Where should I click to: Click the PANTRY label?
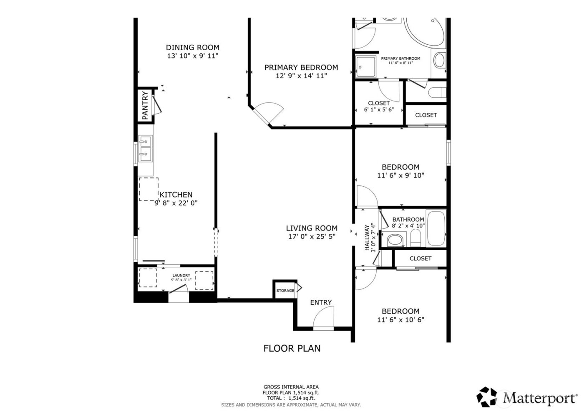click(x=145, y=106)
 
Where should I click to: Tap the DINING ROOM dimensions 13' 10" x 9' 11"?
click(x=192, y=56)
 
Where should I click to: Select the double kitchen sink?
click(x=145, y=149)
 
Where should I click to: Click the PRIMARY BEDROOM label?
click(x=301, y=67)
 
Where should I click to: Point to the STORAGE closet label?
click(x=285, y=291)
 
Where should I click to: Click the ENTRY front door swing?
click(x=324, y=318)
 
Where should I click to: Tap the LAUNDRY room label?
click(x=181, y=276)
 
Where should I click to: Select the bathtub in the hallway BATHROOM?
click(x=436, y=229)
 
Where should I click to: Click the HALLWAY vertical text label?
click(x=368, y=238)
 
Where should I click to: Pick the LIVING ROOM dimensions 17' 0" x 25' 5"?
click(x=312, y=236)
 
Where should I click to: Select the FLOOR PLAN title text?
click(x=292, y=348)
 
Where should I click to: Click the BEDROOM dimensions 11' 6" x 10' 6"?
click(x=400, y=320)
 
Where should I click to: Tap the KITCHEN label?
click(x=176, y=195)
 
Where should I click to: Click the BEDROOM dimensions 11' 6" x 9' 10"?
click(x=400, y=176)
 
